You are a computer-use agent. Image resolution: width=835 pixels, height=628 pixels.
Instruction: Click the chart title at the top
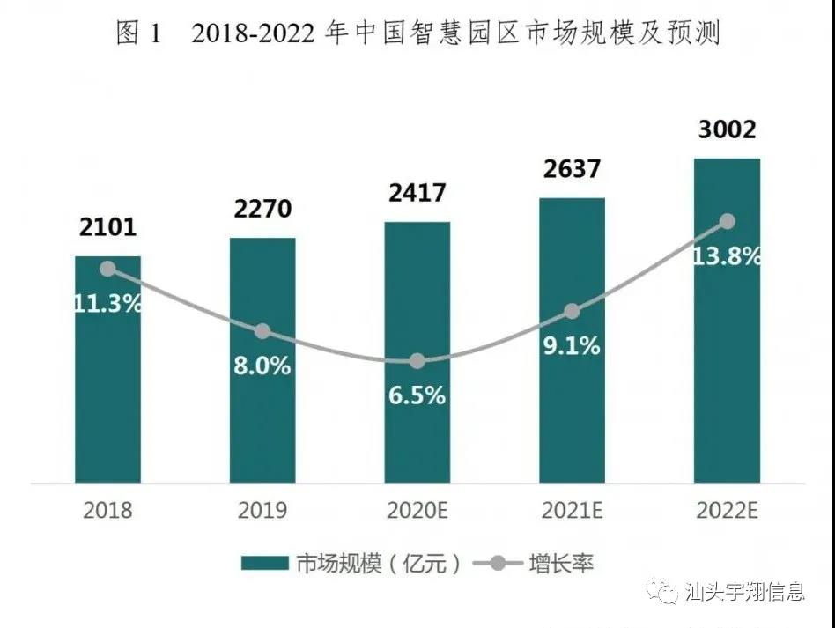coord(417,34)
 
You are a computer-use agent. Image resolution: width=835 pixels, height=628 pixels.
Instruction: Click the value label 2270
coord(262,210)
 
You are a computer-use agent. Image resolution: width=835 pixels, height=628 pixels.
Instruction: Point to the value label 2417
coord(417,193)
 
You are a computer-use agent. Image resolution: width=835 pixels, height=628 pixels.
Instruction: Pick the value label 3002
coord(727,130)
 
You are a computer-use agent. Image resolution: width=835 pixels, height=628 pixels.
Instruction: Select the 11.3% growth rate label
coord(107,305)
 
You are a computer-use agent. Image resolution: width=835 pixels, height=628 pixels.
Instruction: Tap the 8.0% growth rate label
coord(262,366)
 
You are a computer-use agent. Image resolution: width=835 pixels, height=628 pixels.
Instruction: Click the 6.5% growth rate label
coord(417,395)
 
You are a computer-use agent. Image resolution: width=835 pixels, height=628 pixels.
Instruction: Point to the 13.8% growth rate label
coord(728,257)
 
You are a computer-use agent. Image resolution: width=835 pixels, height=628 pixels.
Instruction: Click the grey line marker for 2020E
coord(417,361)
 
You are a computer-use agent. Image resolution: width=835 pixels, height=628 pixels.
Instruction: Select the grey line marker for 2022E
coord(727,221)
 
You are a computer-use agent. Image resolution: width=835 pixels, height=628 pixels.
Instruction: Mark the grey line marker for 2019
coord(262,331)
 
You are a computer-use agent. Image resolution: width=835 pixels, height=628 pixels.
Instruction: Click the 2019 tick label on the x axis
coord(262,510)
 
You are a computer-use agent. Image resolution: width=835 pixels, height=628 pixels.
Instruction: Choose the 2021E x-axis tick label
coord(573,510)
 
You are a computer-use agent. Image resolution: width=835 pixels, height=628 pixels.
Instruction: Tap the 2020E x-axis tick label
coord(417,510)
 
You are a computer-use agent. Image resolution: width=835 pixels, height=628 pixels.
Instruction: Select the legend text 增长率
coord(561,564)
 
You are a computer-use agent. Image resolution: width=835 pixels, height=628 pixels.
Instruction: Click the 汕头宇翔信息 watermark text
coord(744,591)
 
